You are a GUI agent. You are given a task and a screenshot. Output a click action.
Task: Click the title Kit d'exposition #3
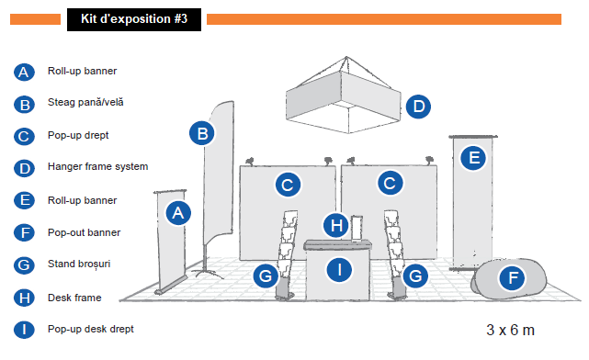point(134,19)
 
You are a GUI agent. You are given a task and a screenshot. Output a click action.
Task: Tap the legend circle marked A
point(24,72)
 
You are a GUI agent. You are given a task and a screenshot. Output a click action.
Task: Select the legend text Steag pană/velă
point(85,102)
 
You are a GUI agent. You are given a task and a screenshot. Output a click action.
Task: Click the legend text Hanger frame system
point(97,166)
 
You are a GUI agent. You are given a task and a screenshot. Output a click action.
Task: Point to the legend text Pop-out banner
point(84,232)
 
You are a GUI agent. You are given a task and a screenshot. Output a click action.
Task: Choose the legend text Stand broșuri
point(79,264)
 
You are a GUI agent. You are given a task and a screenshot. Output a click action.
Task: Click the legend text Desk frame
point(74,298)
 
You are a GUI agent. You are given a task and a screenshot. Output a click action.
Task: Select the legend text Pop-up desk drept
point(91,329)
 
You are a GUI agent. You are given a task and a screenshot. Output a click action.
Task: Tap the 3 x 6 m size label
point(510,330)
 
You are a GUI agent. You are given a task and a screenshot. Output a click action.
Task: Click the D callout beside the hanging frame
point(418,107)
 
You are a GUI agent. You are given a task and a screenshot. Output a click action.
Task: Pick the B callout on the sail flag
point(202,133)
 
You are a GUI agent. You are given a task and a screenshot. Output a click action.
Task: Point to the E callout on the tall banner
point(473,158)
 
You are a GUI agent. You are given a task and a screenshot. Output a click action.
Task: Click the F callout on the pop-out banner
point(512,278)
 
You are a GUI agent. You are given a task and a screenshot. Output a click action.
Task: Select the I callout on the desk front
point(340,269)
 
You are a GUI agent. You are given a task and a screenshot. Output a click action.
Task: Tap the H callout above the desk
point(336,225)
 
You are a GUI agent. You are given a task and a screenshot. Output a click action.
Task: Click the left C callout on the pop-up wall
point(288,185)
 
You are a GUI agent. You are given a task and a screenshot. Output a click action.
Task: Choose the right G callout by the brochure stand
point(415,276)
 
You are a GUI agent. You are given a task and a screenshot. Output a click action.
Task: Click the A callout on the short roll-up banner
point(178,213)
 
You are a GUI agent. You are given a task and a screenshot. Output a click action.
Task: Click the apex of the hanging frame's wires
point(346,57)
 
